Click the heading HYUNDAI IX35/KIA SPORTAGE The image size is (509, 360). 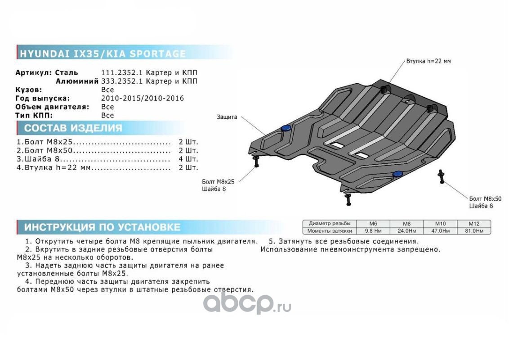(x=102, y=54)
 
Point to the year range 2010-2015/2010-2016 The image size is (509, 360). (x=142, y=98)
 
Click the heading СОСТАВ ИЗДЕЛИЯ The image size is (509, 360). (x=73, y=128)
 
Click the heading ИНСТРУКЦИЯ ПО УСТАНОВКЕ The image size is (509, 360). (x=102, y=227)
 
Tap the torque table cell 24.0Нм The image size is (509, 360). (x=406, y=231)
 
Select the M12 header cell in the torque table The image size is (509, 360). (x=474, y=223)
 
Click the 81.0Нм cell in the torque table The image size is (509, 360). (x=474, y=231)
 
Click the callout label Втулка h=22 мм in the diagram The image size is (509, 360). (x=428, y=61)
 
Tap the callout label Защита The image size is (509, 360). (x=227, y=117)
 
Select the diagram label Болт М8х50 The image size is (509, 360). (x=485, y=198)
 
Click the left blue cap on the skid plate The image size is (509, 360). (x=286, y=129)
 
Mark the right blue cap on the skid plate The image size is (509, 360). (x=397, y=174)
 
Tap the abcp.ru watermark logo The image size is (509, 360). (x=247, y=304)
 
